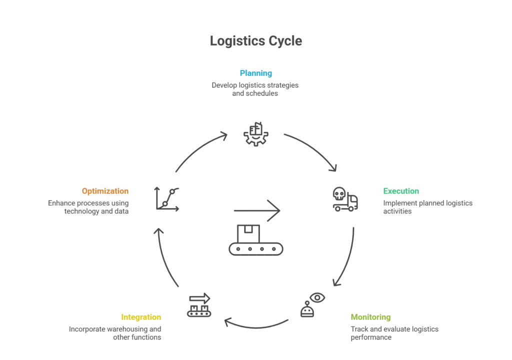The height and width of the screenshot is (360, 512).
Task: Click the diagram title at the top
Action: coord(255,41)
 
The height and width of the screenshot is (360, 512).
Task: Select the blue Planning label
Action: coord(255,74)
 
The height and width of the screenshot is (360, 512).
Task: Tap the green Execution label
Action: coord(400,190)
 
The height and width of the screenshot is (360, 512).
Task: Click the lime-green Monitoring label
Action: coord(370,317)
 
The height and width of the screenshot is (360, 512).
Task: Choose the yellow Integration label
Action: coord(141,316)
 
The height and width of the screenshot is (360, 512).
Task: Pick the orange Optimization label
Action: coord(105,190)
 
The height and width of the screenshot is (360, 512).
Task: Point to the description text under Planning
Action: coord(255,87)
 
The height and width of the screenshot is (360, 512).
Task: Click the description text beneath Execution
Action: coord(427,207)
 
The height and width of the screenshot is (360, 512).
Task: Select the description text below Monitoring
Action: coord(393,332)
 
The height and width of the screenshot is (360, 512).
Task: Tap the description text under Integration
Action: coord(116,331)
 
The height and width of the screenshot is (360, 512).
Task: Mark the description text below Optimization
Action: coord(90,207)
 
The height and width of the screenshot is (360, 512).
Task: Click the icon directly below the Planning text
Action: coord(256,134)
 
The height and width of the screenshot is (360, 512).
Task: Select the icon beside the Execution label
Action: coord(345,198)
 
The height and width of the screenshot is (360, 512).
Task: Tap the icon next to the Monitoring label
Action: coord(313,306)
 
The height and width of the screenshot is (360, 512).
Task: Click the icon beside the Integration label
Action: coord(198,306)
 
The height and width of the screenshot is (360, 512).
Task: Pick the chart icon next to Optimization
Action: coord(166,198)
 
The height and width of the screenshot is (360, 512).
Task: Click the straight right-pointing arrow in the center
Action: coord(257,209)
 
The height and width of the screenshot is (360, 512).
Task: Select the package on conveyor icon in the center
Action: coord(255,240)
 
